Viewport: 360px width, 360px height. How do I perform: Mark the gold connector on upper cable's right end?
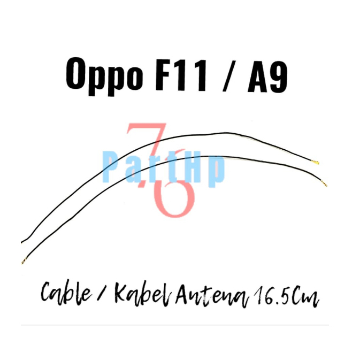(x=316, y=162)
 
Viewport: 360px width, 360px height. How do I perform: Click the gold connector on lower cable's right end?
(x=324, y=185)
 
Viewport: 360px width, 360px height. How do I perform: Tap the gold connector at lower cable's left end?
(x=24, y=261)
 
